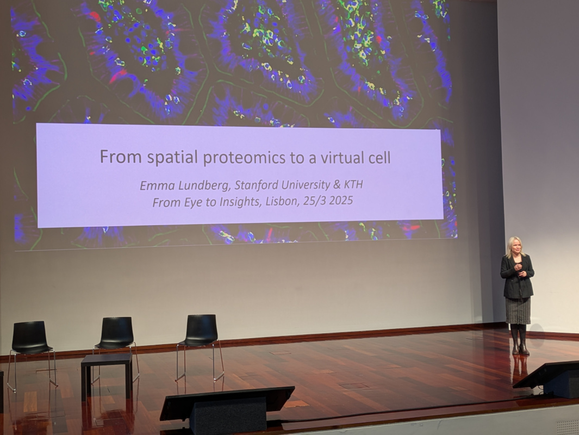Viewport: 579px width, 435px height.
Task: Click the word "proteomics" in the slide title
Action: [x=244, y=158]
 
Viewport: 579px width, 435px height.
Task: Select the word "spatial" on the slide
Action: [x=172, y=158]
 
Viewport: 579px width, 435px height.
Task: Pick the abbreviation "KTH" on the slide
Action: [x=353, y=184]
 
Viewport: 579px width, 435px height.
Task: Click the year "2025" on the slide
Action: [x=341, y=201]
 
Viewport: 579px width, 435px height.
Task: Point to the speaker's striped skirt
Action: [x=518, y=310]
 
